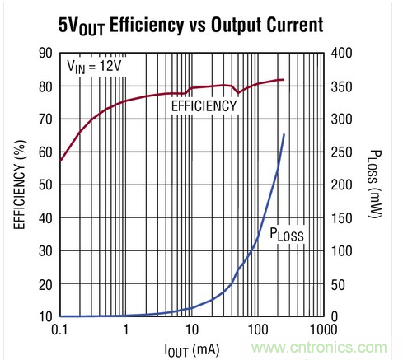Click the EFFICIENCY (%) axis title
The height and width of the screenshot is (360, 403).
tap(16, 185)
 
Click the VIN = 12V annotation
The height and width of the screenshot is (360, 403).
tap(92, 64)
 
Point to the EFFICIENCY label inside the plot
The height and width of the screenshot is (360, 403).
tap(204, 105)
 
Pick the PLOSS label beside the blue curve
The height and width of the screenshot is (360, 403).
tap(287, 235)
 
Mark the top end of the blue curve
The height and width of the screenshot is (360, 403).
tap(284, 134)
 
